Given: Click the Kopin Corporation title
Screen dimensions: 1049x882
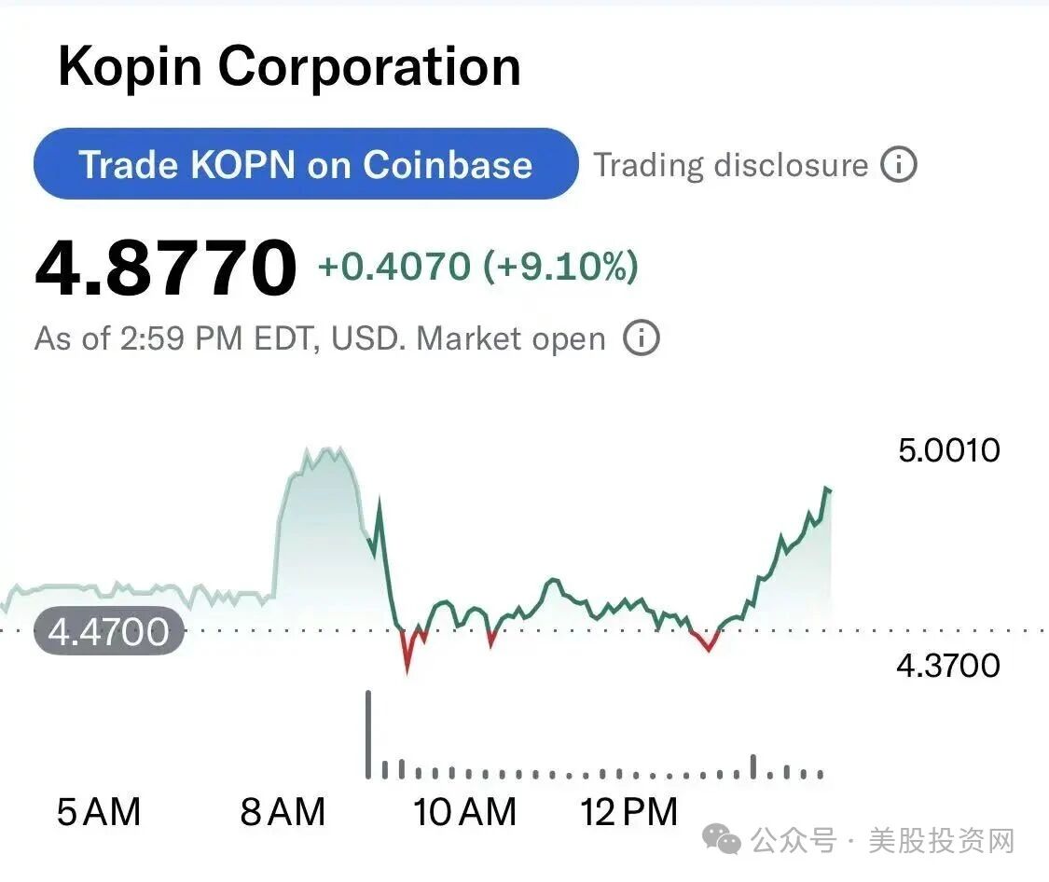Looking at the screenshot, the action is tap(290, 67).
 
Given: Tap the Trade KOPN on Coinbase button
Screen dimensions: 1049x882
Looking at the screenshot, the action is tap(306, 164).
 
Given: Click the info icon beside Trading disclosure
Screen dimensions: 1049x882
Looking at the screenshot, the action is tap(899, 164).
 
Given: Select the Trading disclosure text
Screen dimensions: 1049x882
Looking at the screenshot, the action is tap(731, 165).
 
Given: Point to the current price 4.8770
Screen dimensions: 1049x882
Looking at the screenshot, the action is tap(166, 268).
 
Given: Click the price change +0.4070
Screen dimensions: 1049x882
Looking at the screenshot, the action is tap(394, 266).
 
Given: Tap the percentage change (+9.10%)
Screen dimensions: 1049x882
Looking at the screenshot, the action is tap(560, 266).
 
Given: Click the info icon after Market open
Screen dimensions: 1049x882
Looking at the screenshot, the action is tap(642, 338).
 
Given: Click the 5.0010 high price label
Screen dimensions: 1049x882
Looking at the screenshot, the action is tap(949, 450).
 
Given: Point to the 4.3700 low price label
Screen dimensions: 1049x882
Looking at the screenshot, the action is tap(948, 666).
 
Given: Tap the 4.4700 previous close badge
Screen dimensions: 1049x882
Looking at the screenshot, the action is tap(108, 631).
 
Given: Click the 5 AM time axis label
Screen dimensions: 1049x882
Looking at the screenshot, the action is tap(99, 812).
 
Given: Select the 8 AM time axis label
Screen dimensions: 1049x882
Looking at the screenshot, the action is tap(283, 812).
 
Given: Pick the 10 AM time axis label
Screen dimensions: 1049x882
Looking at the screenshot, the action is tap(465, 812).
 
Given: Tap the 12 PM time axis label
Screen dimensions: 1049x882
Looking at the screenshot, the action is tap(629, 812).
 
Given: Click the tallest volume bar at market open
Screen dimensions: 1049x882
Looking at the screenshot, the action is tap(368, 735).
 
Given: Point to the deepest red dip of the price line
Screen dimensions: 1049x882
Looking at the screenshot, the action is tap(407, 670).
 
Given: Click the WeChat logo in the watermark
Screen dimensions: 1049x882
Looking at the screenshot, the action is tap(721, 840).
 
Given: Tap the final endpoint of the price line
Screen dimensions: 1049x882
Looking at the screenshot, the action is tap(830, 490).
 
